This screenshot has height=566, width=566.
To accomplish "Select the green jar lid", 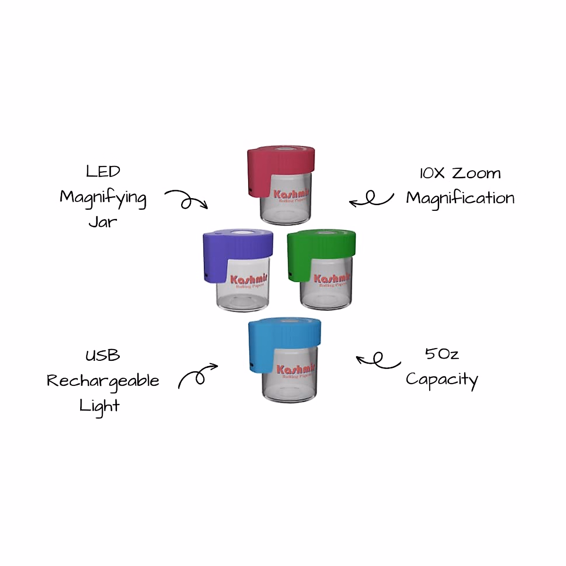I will point(325,248).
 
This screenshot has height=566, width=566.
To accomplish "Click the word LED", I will point(103,171).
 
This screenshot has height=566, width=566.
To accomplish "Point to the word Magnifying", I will point(103,198).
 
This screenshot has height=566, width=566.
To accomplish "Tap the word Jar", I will point(102,222).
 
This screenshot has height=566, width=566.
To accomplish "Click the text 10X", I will point(432,173).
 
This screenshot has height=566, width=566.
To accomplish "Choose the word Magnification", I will point(460,198).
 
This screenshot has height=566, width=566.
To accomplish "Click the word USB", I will point(102,355).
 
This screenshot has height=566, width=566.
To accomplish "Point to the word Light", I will point(100,406).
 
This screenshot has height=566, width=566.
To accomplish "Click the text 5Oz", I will point(441,354).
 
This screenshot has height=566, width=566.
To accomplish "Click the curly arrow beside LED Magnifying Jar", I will point(186,199).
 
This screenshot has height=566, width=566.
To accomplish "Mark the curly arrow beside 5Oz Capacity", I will point(378,360).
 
